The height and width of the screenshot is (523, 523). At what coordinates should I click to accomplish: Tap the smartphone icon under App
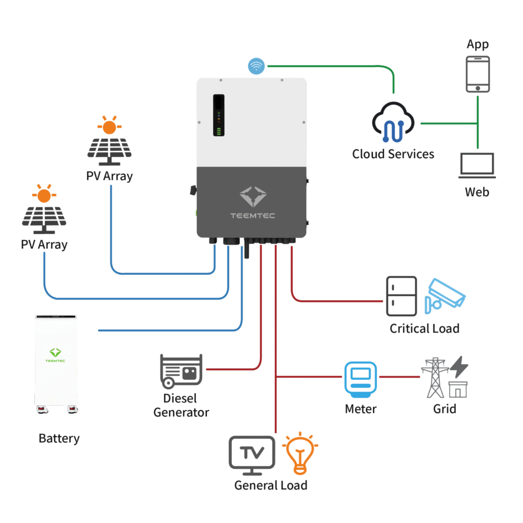478,74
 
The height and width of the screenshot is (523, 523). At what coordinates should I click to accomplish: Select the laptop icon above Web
477,165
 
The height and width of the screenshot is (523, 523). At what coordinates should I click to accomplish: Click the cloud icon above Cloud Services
394,123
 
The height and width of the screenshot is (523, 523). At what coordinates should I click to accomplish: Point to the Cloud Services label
393,154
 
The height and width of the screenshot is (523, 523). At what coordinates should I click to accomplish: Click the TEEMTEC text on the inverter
252,216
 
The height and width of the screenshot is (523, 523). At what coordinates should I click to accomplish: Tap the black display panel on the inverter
219,115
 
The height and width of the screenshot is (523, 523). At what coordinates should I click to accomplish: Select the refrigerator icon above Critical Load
401,296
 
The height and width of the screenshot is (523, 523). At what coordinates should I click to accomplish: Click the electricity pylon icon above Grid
435,377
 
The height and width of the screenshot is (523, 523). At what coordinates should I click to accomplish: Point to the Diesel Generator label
181,405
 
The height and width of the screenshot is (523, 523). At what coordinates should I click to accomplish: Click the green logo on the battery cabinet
55,352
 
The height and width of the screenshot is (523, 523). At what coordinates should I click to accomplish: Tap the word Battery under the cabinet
59,438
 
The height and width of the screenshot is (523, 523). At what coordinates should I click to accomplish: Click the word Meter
361,409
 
